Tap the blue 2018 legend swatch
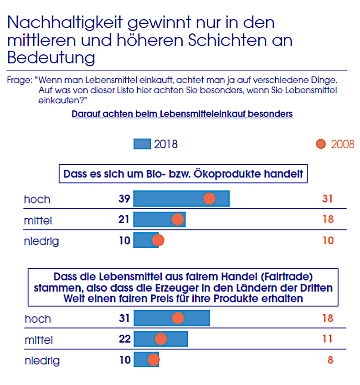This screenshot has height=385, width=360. point(142,144)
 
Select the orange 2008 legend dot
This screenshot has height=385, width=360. point(321,144)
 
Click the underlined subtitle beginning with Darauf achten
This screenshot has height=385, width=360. point(182,114)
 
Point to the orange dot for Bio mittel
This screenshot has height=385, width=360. point(177,219)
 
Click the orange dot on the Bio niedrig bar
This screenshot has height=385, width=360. point(158,240)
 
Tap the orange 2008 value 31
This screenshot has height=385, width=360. point(328,199)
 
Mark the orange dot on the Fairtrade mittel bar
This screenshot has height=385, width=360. point(161,339)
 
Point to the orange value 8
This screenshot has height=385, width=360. point(330,360)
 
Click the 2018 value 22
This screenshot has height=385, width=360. point(124,339)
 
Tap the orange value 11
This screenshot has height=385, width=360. point(328,339)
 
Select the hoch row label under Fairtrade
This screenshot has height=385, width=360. point(38,318)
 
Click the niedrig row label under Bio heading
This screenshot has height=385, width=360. point(41,241)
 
